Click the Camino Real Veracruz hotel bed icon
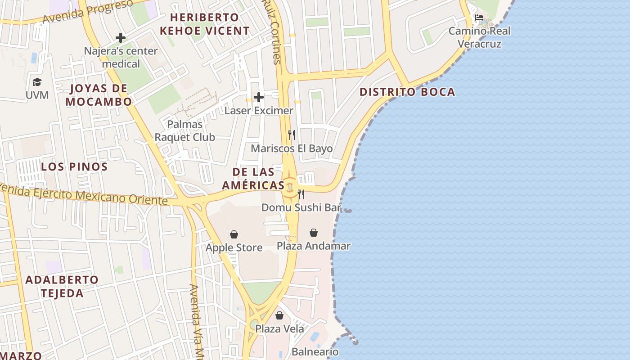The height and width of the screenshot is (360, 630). [x=479, y=18]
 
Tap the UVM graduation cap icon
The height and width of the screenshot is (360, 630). [x=37, y=82]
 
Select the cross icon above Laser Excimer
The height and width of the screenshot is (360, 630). [x=259, y=97]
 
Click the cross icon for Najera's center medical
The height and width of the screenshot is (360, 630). [x=121, y=38]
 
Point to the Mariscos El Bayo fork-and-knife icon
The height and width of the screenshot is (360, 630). [x=292, y=135]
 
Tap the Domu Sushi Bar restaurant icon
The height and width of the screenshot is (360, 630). [x=301, y=194]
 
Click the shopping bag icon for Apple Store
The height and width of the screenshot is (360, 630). [x=234, y=234]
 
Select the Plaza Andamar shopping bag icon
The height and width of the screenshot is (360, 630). [x=314, y=233]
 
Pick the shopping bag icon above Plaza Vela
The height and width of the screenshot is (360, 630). [x=279, y=315]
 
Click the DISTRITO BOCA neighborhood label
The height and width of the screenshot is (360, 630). [x=407, y=92]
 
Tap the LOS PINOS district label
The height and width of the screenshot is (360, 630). [x=74, y=167]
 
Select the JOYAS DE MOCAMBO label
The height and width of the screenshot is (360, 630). [x=99, y=95]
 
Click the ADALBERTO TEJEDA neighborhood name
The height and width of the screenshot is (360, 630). [x=62, y=286]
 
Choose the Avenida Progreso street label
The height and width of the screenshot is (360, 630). [x=88, y=12]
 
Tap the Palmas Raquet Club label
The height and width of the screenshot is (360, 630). [x=185, y=130]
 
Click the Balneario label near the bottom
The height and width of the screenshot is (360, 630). [x=315, y=352]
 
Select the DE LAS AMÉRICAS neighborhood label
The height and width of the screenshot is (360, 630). [x=254, y=178]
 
